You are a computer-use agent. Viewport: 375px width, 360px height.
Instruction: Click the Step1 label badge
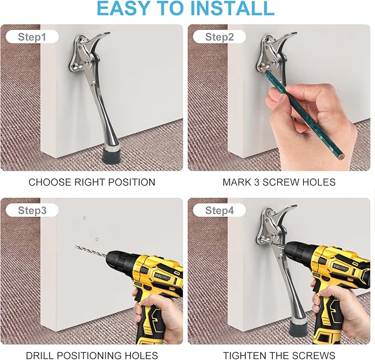pos(32,37)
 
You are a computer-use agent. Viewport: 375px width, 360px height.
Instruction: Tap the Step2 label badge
pos(219,37)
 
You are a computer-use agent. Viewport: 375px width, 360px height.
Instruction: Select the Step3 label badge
pos(32,210)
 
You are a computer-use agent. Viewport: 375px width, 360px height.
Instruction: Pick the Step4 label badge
pos(219,210)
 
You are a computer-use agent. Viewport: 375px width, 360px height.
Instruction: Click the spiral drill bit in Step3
pos(91,251)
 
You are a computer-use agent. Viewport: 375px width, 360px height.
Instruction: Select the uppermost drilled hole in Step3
pos(84,218)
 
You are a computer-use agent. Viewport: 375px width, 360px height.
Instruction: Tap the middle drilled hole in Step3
pos(97,239)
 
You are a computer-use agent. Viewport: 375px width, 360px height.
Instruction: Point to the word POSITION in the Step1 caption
pos(132,182)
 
